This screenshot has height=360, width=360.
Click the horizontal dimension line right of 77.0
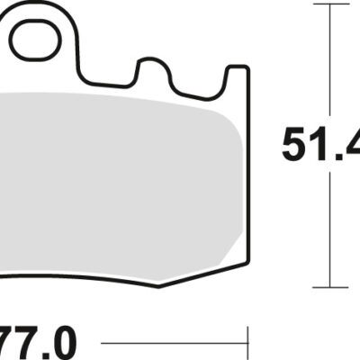[x=171, y=343]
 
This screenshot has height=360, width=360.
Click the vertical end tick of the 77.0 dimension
[x=247, y=343]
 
